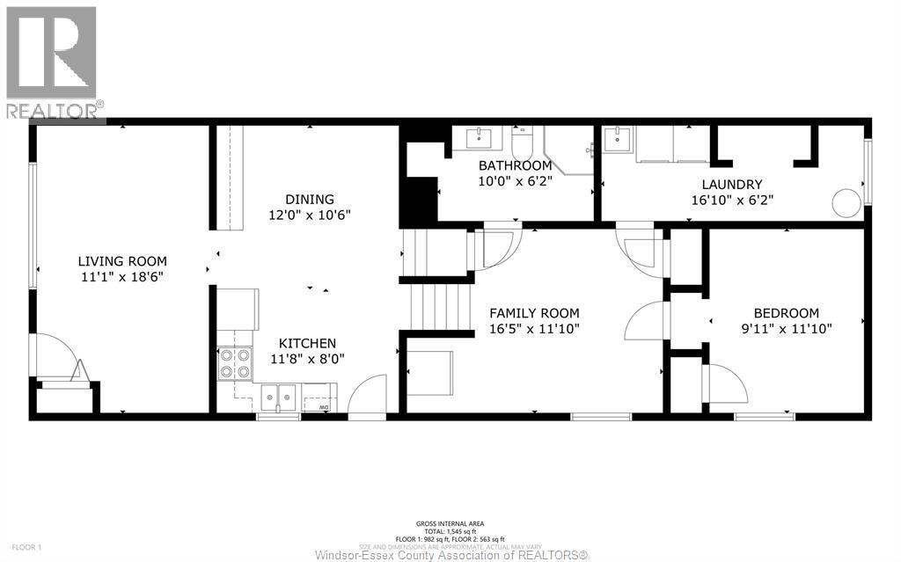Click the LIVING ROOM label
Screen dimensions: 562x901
click(122, 261)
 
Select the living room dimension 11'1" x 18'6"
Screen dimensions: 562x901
click(122, 276)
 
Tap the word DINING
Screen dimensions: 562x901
click(309, 200)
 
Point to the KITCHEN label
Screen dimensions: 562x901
click(307, 343)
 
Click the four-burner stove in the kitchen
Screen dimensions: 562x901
click(234, 363)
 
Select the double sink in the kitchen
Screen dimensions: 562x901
click(277, 397)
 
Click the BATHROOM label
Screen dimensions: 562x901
click(515, 165)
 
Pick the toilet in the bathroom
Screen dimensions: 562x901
click(523, 141)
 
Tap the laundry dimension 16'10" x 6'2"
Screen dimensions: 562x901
click(731, 200)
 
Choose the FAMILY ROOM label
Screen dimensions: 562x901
click(534, 313)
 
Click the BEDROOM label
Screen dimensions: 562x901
click(786, 313)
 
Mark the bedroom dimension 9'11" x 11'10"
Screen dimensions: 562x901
click(786, 328)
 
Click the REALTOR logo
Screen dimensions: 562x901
click(52, 62)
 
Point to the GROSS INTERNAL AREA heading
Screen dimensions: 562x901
click(450, 523)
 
